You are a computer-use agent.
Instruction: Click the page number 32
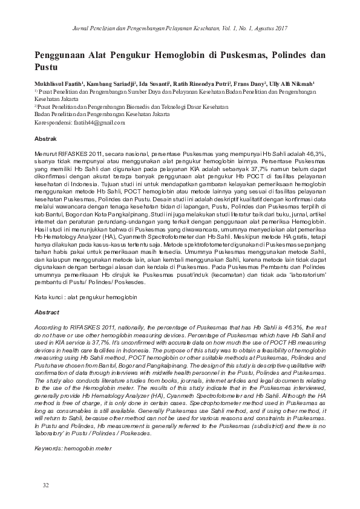pos(46,485)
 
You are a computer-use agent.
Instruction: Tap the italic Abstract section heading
pos(47,312)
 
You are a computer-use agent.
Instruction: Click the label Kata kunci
pos(48,299)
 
